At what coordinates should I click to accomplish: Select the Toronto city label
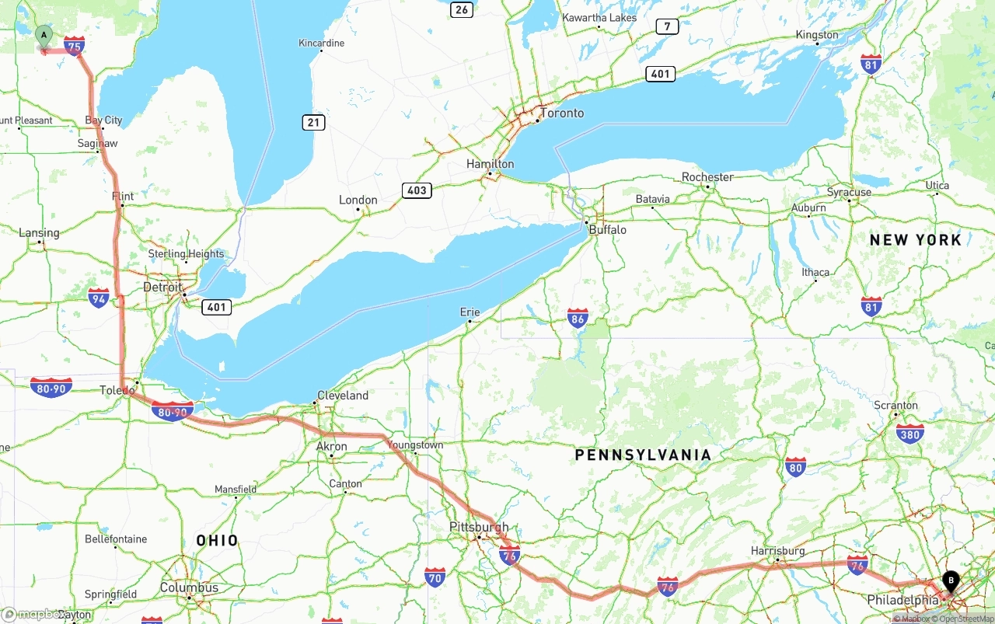[561, 113]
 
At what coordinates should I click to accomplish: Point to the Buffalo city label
[607, 230]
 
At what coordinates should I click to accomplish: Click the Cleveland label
[343, 396]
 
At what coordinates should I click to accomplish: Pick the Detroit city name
[162, 288]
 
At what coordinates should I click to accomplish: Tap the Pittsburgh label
[479, 527]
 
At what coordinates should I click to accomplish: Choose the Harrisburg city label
[778, 551]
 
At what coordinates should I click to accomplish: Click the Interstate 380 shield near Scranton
[909, 433]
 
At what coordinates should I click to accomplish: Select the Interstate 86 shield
[577, 317]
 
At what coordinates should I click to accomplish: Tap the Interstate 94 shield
[98, 298]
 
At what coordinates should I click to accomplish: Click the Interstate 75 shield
[75, 46]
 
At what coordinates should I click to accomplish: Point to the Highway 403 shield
[417, 190]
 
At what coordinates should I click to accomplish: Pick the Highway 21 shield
[314, 123]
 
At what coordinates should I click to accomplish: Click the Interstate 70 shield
[435, 577]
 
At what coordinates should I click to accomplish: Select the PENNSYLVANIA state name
[643, 455]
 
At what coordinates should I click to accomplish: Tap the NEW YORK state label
[915, 240]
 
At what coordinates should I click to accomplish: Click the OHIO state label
[217, 541]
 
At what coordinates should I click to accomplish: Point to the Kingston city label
[817, 35]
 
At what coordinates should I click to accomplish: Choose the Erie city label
[470, 312]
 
